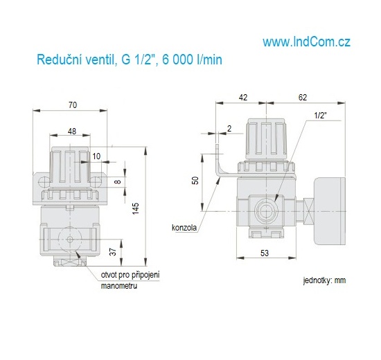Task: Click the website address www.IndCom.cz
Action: (306, 42)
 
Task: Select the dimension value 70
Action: (72, 105)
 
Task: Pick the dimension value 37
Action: (114, 251)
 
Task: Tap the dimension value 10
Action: (96, 156)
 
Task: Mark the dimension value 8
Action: (117, 181)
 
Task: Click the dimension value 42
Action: (243, 98)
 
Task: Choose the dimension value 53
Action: (264, 254)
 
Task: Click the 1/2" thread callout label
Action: (320, 116)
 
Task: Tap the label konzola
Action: (185, 227)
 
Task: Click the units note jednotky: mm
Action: (324, 281)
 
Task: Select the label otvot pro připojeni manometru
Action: (130, 280)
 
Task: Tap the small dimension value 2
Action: (229, 128)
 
